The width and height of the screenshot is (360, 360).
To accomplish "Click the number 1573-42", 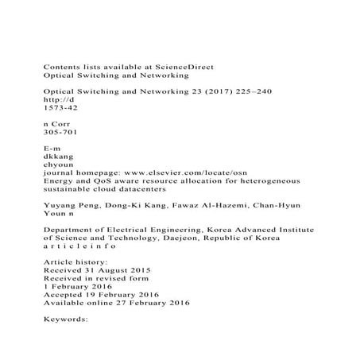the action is (60, 111).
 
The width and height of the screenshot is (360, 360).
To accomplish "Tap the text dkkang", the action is (59, 157).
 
